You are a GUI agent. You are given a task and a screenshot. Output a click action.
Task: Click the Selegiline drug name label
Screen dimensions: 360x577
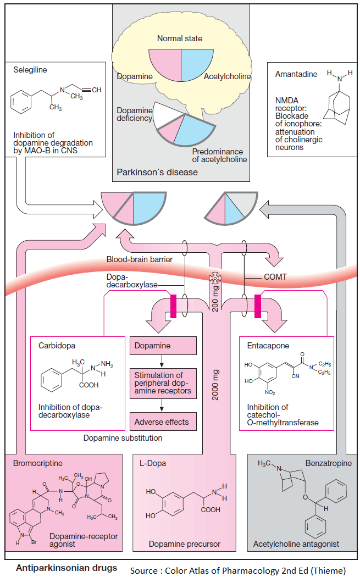(x=30, y=70)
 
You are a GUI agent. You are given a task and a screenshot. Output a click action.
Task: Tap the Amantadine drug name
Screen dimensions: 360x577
(x=296, y=74)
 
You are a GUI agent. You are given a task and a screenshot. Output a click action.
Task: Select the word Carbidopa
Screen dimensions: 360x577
(x=57, y=346)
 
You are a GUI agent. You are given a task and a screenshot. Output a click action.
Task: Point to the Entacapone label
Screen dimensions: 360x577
(x=268, y=346)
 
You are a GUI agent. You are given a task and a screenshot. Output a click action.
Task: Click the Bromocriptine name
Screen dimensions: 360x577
(x=38, y=463)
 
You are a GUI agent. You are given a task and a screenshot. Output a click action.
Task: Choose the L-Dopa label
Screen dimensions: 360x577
(x=153, y=463)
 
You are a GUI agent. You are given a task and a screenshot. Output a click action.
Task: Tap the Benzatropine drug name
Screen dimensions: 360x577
(x=329, y=463)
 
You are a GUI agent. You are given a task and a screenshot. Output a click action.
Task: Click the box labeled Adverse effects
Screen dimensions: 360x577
(x=163, y=421)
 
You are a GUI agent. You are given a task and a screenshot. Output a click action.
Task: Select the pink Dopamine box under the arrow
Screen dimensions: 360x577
(x=163, y=346)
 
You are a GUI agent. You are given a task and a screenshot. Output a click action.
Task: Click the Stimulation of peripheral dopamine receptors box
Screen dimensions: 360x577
(x=163, y=384)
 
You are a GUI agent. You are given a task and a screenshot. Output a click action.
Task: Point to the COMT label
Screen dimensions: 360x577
(x=275, y=277)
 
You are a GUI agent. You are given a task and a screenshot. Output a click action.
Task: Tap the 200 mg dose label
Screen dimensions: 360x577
(x=215, y=298)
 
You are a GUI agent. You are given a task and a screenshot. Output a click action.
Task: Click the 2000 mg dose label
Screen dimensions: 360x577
(x=215, y=385)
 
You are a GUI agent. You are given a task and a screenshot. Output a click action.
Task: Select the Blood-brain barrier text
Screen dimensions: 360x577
(x=140, y=259)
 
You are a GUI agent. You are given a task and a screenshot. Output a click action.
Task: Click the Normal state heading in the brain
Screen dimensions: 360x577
(x=180, y=38)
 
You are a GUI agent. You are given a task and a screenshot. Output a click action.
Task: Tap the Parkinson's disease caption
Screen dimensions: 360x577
(x=157, y=172)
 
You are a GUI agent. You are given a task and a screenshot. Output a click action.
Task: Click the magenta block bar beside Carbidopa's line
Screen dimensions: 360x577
(x=173, y=306)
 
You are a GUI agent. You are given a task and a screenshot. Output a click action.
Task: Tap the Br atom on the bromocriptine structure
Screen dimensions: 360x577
(x=34, y=542)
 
